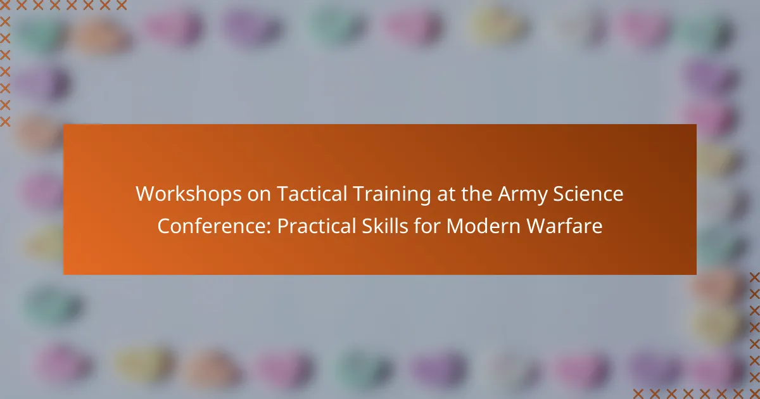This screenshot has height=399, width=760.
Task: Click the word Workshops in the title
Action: click(189, 194)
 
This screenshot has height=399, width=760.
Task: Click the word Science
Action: click(588, 194)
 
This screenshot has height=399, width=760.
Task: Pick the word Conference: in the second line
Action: click(215, 226)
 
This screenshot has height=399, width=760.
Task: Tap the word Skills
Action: click(385, 226)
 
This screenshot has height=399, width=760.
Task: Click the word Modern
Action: click(483, 226)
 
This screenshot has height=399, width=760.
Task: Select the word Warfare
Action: click(564, 226)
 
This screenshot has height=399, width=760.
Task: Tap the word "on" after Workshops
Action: click(259, 196)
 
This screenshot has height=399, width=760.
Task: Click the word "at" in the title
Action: click(446, 195)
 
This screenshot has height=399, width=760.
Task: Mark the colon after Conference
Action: click(269, 229)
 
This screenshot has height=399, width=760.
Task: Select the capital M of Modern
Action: click(455, 226)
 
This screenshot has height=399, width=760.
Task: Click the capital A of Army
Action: click(505, 194)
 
